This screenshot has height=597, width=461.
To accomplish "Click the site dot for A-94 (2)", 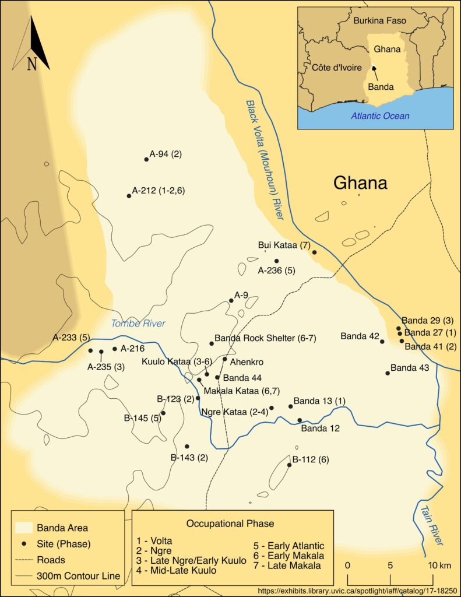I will (146, 159).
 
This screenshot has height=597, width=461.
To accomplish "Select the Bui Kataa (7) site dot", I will (314, 252).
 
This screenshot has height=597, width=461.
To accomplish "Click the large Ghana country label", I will (360, 183).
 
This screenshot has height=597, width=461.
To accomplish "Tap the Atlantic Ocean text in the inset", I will (379, 116).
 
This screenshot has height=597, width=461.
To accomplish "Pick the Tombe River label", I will (139, 324).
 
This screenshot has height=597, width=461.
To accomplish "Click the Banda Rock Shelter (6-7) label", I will (265, 338).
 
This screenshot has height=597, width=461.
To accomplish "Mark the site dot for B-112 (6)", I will (289, 465).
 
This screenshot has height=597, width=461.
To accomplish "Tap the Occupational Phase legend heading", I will (230, 523).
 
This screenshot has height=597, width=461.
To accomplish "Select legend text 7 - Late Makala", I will (286, 566).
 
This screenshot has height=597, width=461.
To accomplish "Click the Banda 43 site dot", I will (388, 373).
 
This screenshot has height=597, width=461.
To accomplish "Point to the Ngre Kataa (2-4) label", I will (234, 412).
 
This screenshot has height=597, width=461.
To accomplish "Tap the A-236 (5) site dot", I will (276, 261).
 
